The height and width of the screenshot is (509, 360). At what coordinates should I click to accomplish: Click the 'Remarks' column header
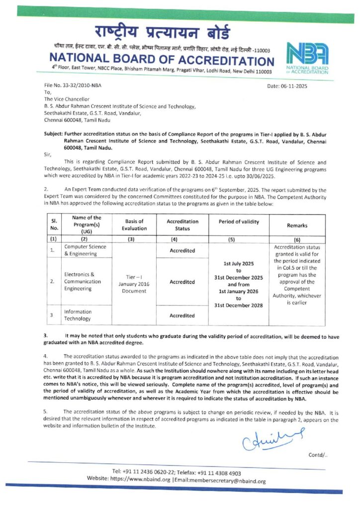(x=297, y=225)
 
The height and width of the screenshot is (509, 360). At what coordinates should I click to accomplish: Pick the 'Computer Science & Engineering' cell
(x=82, y=250)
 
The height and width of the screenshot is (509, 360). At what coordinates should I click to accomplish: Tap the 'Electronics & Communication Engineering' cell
(x=82, y=281)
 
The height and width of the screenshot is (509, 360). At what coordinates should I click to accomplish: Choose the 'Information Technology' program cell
(x=78, y=315)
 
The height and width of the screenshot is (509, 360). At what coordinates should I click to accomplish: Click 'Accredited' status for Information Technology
(x=182, y=315)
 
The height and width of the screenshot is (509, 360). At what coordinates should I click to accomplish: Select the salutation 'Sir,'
(x=48, y=155)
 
